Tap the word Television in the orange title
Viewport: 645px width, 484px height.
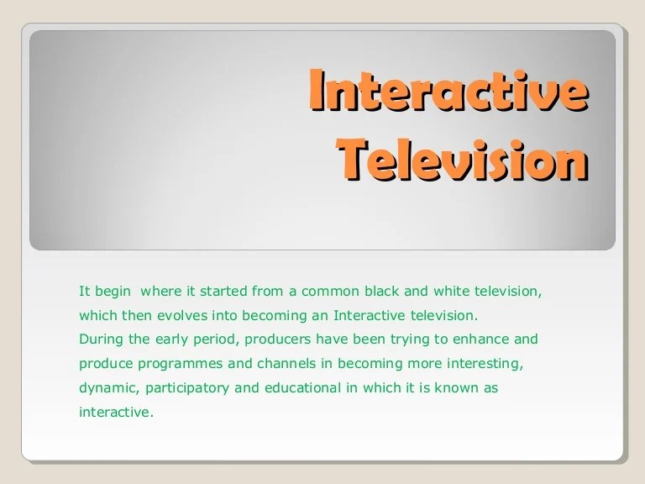pos(463,159)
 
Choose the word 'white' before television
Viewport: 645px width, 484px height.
pos(443,292)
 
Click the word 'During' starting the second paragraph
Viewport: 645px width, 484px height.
pos(99,340)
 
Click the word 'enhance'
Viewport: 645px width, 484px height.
pos(482,340)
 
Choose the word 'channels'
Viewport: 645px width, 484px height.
pos(281,365)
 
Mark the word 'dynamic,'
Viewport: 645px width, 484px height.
pos(107,389)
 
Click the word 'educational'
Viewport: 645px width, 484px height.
pos(296,389)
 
